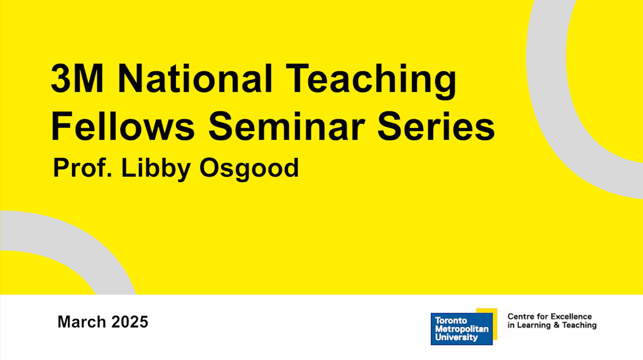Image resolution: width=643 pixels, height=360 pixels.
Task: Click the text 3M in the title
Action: pyautogui.click(x=77, y=79)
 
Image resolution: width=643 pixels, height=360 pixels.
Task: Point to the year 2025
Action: pyautogui.click(x=130, y=322)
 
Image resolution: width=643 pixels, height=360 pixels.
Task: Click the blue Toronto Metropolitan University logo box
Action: pyautogui.click(x=461, y=329)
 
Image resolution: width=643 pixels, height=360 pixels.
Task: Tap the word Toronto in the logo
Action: pyautogui.click(x=450, y=320)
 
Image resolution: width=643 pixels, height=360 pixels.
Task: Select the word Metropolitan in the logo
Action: pyautogui.click(x=461, y=329)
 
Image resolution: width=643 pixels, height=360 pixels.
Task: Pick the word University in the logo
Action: pyautogui.click(x=456, y=338)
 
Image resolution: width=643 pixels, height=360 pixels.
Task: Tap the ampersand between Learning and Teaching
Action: pyautogui.click(x=556, y=325)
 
